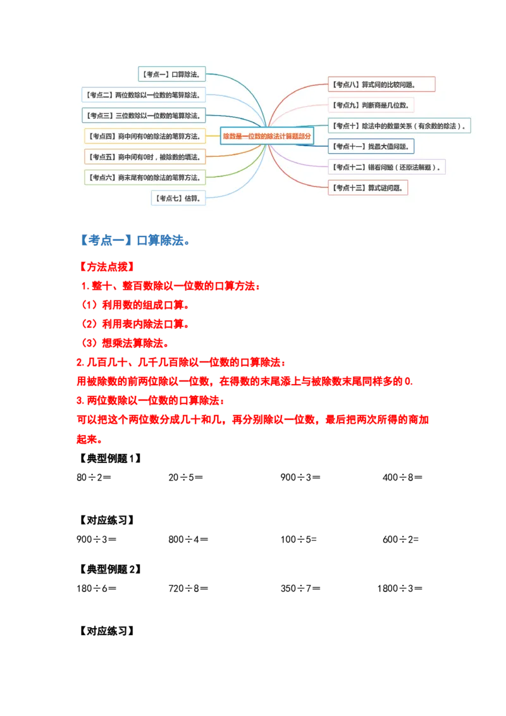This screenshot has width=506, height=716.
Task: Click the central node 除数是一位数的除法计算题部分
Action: [x=267, y=136]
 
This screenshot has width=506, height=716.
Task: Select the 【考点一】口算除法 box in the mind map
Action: [x=172, y=75]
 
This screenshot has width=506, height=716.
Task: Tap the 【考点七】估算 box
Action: [x=178, y=199]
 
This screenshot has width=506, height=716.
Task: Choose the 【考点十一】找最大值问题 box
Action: [x=371, y=147]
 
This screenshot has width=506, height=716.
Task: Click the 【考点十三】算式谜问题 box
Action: [x=368, y=188]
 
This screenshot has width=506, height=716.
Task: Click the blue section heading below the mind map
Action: [x=135, y=240]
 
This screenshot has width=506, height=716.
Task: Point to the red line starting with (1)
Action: [x=135, y=306]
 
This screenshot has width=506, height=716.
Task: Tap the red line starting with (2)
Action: [x=135, y=324]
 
